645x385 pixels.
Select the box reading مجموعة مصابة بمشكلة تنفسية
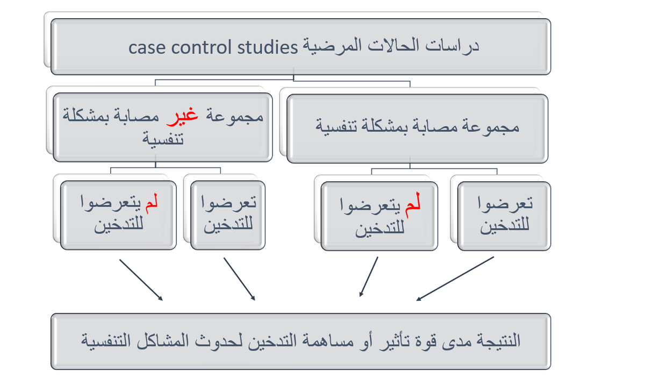[417, 128]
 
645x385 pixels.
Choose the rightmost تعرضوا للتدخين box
[504, 216]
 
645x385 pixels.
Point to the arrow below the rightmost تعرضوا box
[455, 279]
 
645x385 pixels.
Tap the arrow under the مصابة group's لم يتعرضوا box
[369, 276]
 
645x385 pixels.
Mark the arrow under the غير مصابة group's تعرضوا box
[239, 279]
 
